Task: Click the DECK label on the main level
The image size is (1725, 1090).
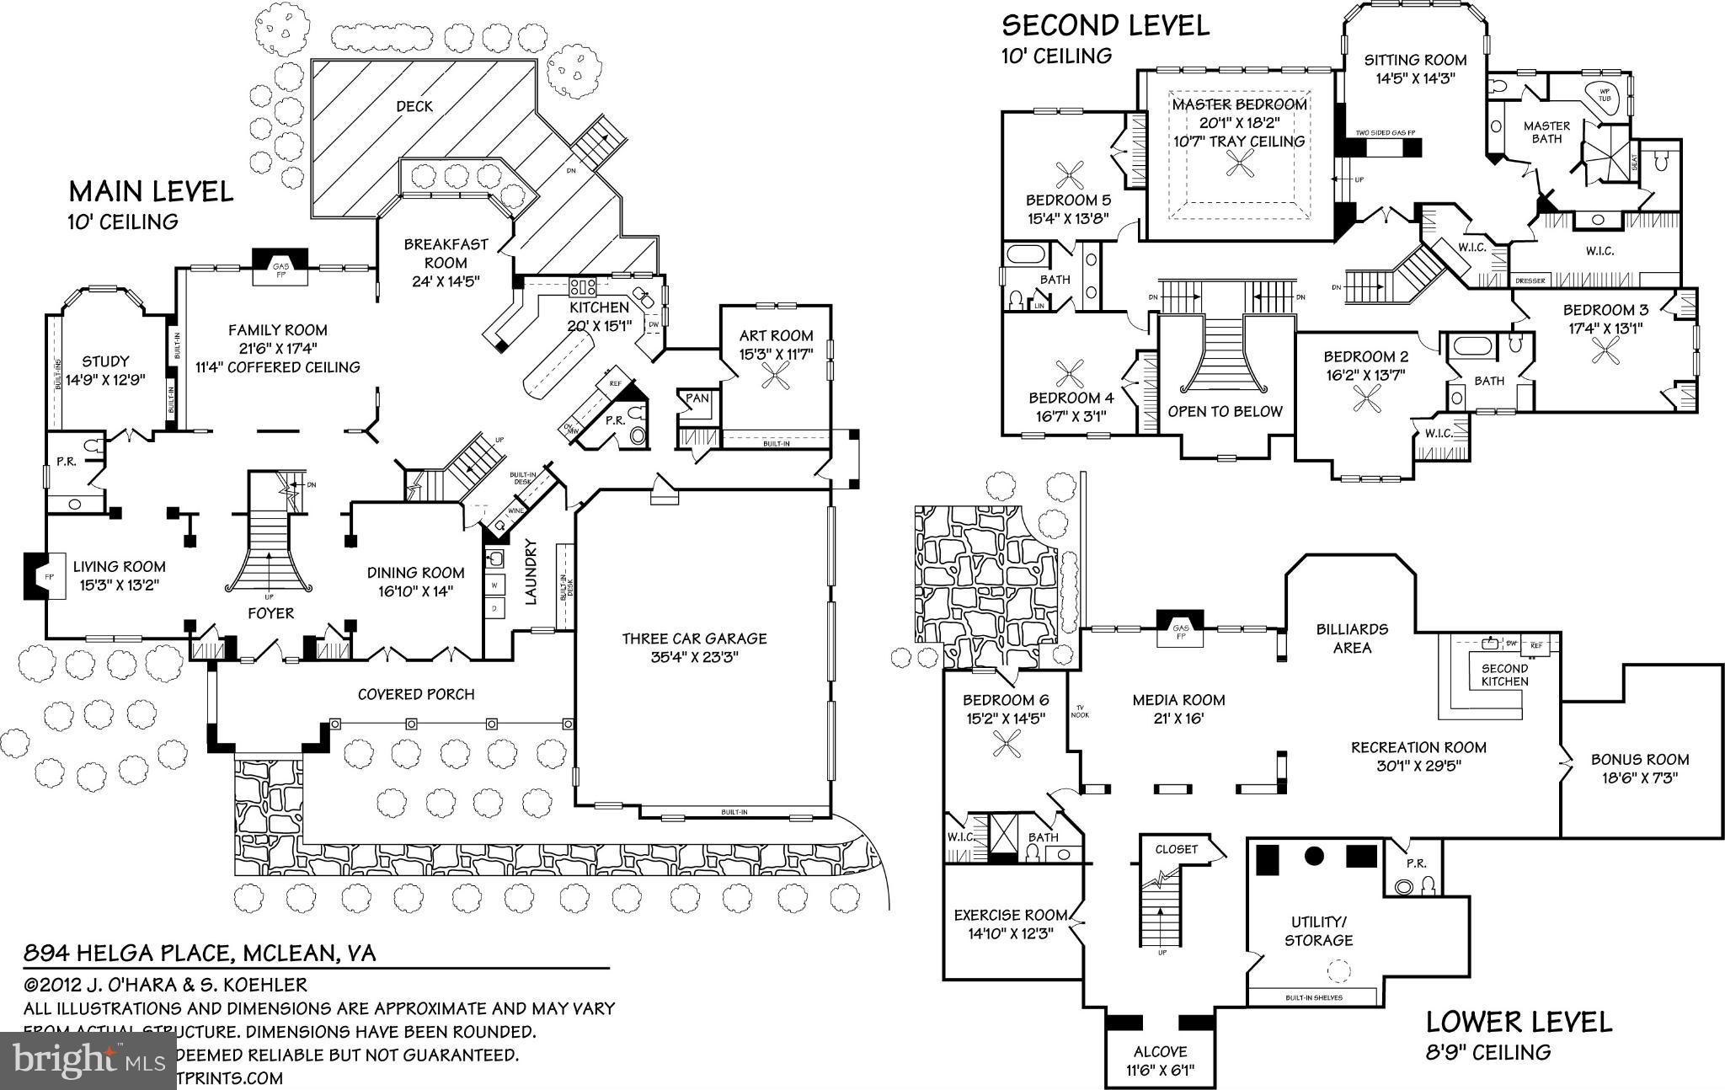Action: click(x=414, y=106)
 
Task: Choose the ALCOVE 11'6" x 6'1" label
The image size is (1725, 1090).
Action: click(x=1160, y=1061)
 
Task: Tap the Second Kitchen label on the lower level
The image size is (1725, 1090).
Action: click(x=1504, y=675)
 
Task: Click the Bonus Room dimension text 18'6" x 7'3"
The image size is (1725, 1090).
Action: click(x=1639, y=777)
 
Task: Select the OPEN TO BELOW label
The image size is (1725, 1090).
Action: click(x=1225, y=411)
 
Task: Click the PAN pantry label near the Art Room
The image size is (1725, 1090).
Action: click(x=697, y=398)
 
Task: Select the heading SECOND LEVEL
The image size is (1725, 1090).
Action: click(x=1105, y=25)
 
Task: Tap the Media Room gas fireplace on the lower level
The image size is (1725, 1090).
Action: click(x=1180, y=628)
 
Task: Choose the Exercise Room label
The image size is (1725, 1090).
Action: click(x=1010, y=915)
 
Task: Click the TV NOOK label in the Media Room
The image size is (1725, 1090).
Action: click(x=1080, y=711)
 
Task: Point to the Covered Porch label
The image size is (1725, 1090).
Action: click(x=416, y=694)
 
